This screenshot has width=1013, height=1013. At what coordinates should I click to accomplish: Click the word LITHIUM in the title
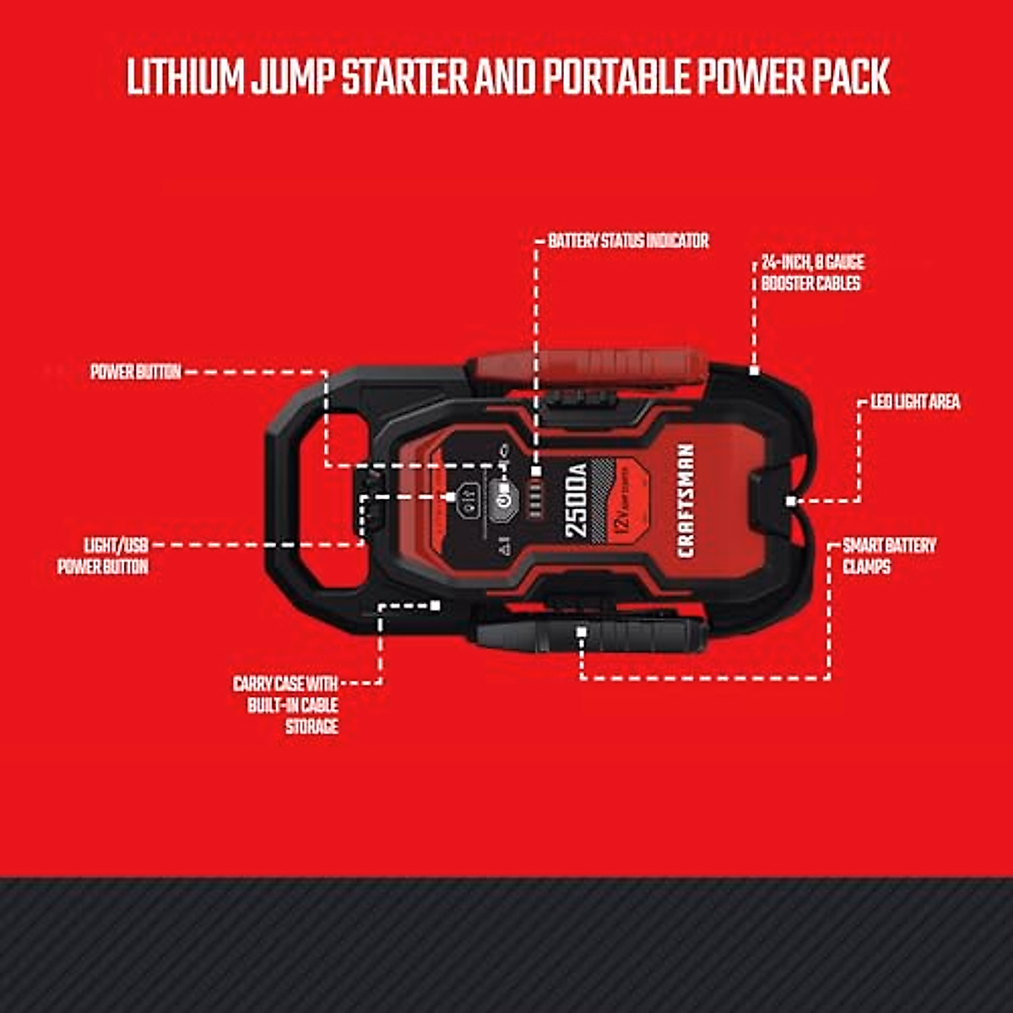point(185,77)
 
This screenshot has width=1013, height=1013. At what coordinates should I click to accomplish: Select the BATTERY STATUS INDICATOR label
point(628,241)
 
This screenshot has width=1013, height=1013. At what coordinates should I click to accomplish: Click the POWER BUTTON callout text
point(136,371)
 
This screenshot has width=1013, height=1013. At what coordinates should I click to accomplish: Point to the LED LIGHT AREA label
point(915,402)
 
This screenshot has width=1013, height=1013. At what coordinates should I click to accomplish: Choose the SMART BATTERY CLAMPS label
point(889,555)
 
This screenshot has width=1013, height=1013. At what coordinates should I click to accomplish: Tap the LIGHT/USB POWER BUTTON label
point(103,555)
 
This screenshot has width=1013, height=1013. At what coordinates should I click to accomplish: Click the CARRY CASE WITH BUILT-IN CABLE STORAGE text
point(286,705)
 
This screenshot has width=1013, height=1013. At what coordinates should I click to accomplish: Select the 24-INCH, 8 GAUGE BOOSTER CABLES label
point(811,274)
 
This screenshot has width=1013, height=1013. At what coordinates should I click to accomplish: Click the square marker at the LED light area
point(790,501)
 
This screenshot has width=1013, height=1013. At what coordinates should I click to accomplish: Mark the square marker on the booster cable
point(754,371)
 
